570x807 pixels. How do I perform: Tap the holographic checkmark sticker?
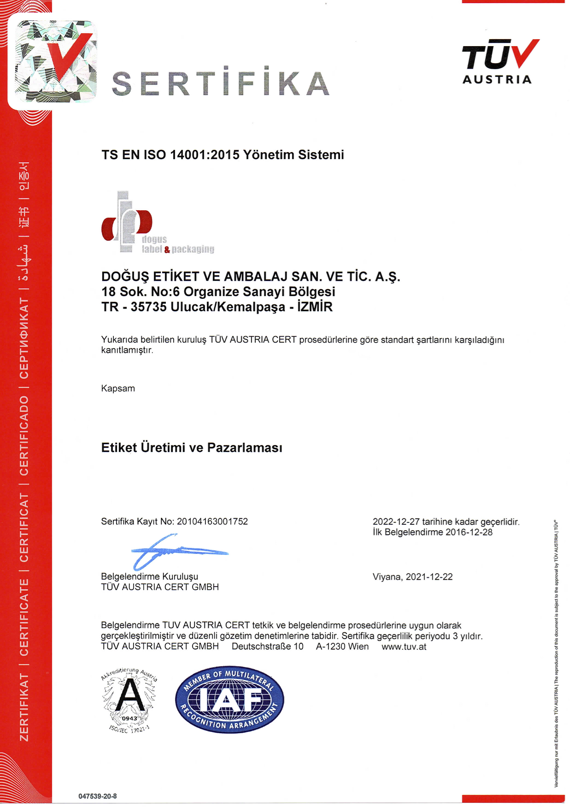[55, 60]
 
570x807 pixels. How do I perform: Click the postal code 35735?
[148, 307]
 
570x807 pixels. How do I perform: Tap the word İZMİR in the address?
[315, 307]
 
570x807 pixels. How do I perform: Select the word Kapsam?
[118, 388]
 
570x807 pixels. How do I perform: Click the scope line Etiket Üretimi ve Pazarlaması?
[192, 448]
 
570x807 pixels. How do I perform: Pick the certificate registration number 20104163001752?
[212, 522]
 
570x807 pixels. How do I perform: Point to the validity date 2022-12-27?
[396, 522]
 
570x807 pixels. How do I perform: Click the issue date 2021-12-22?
[429, 577]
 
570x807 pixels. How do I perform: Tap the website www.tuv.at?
[404, 647]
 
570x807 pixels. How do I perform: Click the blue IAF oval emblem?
[229, 700]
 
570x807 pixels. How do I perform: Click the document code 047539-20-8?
[97, 796]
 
